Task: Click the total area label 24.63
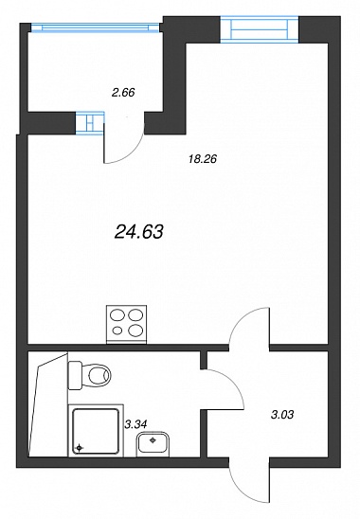[x=138, y=231]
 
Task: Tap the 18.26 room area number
[x=203, y=159]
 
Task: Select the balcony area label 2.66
[x=123, y=92]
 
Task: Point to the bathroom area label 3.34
[x=135, y=423]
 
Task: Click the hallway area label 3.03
[x=282, y=415]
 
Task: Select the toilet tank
[x=75, y=375]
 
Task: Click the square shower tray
[x=96, y=431]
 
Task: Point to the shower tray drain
[x=79, y=448]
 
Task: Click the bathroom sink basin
[x=153, y=443]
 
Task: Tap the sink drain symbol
[x=153, y=439]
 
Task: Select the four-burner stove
[x=126, y=324]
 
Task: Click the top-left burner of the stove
[x=117, y=315]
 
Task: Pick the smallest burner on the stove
[x=117, y=330]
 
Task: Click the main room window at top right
[x=260, y=29]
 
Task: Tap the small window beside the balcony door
[x=90, y=123]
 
